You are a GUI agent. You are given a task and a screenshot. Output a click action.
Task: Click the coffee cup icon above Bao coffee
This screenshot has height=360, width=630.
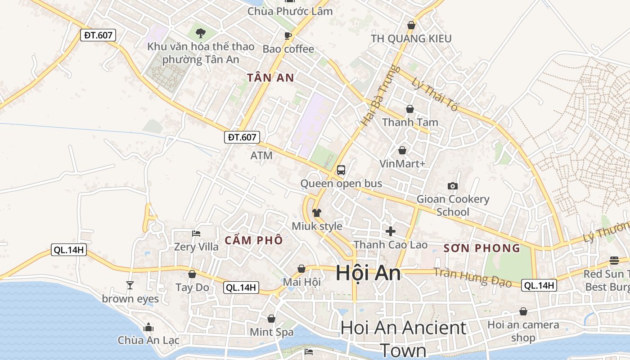[288, 36]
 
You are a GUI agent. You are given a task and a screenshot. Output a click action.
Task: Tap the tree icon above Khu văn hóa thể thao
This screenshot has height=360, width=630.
[201, 32]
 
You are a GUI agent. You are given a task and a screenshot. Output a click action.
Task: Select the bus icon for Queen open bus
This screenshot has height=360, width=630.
[341, 170]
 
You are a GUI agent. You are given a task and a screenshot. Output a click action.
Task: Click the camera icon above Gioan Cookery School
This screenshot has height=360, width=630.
[453, 186]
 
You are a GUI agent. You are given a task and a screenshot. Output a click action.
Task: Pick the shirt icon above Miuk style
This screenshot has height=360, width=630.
[317, 213]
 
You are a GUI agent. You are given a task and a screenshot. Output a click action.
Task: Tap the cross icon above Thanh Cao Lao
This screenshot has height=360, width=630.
[391, 231]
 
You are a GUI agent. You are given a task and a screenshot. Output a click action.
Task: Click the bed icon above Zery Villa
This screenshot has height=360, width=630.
[196, 233]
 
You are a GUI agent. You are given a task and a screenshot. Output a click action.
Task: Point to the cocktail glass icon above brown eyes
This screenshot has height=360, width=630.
[130, 285]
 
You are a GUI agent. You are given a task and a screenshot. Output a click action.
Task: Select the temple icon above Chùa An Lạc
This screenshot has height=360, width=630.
[148, 327]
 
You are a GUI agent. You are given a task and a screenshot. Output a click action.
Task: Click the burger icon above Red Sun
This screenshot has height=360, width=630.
[614, 260]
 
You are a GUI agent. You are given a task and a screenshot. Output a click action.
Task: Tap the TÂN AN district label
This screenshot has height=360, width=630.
[271, 78]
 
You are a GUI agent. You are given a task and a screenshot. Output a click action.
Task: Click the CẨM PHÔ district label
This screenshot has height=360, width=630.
[254, 240]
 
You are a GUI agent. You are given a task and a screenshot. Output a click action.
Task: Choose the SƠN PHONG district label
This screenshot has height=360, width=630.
[482, 248]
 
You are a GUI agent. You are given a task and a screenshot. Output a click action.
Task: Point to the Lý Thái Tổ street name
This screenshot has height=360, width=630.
[435, 94]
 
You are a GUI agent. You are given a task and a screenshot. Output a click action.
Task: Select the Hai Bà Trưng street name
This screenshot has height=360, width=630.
[374, 95]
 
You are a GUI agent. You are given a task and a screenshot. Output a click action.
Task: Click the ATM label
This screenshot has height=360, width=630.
[261, 156]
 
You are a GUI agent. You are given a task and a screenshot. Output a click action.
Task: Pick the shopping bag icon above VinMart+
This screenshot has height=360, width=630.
[402, 150]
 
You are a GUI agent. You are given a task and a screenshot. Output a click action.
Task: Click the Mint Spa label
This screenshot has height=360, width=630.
[272, 332]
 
